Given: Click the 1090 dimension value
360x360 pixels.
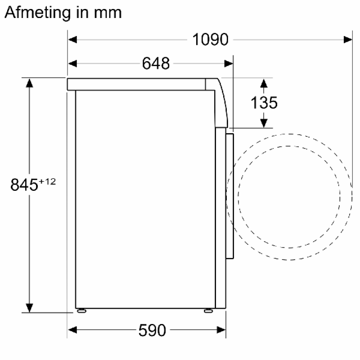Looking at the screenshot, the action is tap(210, 40).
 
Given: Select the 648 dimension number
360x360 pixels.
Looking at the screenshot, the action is tap(156, 63).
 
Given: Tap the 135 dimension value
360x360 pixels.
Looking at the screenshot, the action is tap(264, 103).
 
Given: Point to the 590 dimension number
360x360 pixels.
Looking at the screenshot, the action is tap(152, 330).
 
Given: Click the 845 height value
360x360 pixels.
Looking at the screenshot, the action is tap(24, 184).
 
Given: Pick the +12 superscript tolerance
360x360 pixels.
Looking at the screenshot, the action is tap(47, 182).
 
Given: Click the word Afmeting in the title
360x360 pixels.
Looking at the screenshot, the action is tap(38, 13).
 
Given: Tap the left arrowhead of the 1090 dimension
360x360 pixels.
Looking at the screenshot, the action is tap(72, 40).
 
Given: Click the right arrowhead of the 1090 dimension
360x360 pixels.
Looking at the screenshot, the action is tap(348, 40).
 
